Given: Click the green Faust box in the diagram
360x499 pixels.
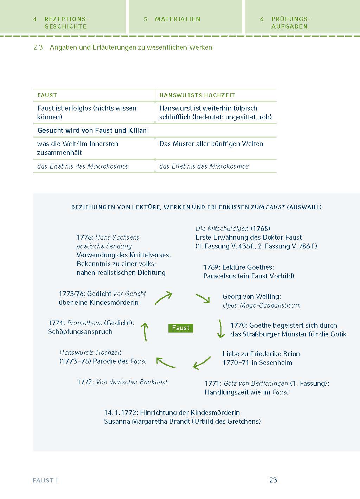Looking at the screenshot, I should (x=181, y=328).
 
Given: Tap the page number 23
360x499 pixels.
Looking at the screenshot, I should (x=273, y=480).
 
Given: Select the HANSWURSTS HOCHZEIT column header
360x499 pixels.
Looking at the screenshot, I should (x=197, y=95).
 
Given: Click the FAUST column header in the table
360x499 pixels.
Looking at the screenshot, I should (x=47, y=95).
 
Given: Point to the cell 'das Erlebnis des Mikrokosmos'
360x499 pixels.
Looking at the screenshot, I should (x=204, y=166).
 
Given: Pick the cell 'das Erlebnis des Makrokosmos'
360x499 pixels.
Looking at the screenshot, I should (x=83, y=166).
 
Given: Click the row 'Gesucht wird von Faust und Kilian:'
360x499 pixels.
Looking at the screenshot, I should (x=93, y=130).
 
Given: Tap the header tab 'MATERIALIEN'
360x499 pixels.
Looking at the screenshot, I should (x=178, y=19).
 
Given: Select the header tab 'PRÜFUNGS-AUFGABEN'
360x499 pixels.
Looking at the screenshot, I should (x=290, y=23).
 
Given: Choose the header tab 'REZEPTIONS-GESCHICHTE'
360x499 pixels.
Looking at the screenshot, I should (x=65, y=23).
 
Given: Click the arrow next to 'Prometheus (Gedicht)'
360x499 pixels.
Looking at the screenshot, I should (x=145, y=332).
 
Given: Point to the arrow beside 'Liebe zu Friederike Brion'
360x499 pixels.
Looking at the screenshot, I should (x=202, y=363).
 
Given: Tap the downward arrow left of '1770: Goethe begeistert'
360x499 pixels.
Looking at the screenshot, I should (x=220, y=329).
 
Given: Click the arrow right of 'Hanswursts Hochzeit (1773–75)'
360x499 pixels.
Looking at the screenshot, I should (x=165, y=363).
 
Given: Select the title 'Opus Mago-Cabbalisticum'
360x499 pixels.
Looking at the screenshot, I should (x=262, y=305).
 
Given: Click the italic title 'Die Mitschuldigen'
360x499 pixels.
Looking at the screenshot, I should (x=222, y=228).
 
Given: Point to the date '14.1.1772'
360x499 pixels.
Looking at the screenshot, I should (x=121, y=412).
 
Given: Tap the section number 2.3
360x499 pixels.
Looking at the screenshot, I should (x=38, y=47).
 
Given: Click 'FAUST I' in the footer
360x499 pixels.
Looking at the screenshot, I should (x=45, y=480).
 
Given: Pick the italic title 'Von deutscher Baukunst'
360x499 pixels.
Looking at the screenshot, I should (x=132, y=382).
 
